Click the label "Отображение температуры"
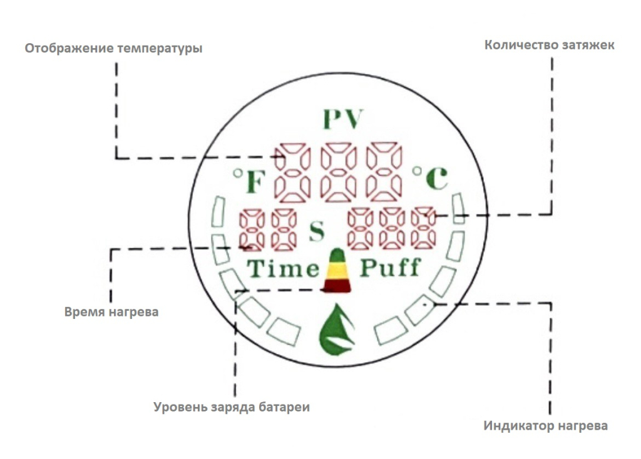click(113, 48)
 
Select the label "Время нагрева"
click(111, 311)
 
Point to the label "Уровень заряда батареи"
click(232, 407)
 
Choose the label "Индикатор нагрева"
click(545, 426)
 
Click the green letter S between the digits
click(317, 231)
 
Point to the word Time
click(282, 269)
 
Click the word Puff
click(389, 269)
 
